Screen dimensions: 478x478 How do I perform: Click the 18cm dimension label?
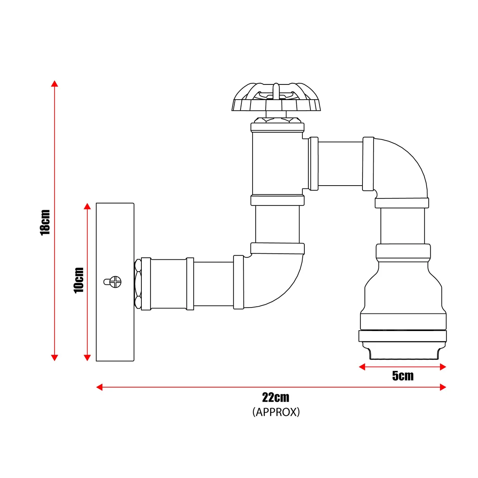[x=45, y=223]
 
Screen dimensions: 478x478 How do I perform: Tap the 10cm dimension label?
[x=79, y=280]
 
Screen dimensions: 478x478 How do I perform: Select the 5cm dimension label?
[x=403, y=376]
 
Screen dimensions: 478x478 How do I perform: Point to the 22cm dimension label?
[x=276, y=398]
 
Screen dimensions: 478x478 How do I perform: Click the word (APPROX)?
[x=276, y=412]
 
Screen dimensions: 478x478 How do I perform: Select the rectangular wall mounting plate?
[x=115, y=282]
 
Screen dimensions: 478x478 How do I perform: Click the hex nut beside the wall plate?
[x=138, y=284]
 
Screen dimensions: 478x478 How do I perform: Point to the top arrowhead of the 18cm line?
[x=55, y=84]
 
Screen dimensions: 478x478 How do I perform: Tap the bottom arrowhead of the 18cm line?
[x=55, y=357]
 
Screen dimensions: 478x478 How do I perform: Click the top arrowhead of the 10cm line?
[x=87, y=206]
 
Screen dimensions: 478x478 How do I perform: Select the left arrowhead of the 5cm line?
[x=362, y=367]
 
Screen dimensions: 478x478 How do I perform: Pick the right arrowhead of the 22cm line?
[x=443, y=387]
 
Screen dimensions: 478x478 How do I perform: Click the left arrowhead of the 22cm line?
[x=100, y=387]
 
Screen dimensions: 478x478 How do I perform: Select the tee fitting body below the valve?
[x=278, y=164]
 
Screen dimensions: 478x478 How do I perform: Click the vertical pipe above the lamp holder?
[x=403, y=226]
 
